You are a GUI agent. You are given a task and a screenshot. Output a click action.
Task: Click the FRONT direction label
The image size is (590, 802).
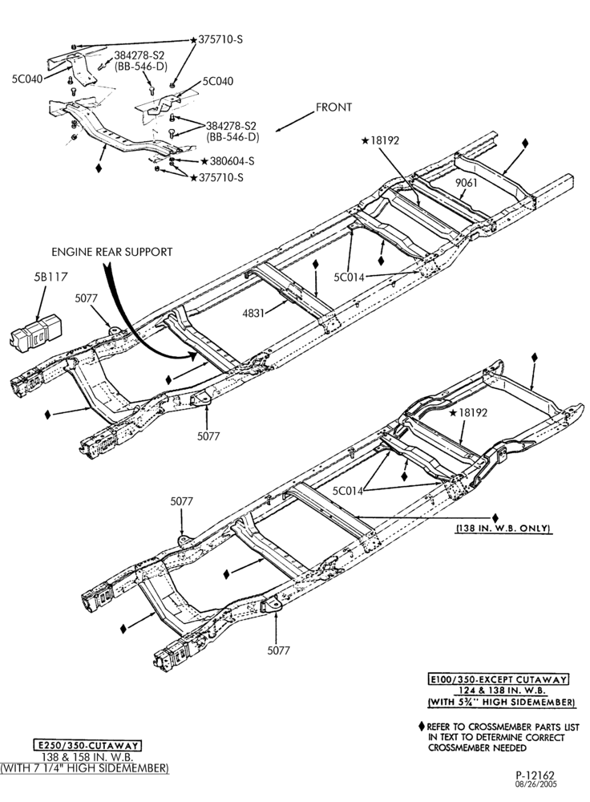[333, 107]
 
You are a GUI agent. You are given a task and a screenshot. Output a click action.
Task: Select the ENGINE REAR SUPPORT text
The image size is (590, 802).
[112, 252]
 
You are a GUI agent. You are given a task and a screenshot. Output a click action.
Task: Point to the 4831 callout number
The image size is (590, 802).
[253, 312]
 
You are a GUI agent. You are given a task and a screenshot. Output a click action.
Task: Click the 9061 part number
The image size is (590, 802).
[466, 182]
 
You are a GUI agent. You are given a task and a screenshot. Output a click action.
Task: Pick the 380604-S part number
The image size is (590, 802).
[232, 162]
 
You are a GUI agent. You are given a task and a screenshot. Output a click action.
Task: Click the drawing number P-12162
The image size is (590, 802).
[535, 776]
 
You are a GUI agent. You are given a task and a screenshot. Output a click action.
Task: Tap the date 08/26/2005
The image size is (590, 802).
[535, 784]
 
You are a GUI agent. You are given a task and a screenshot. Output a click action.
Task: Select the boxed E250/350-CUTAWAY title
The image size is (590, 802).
[87, 745]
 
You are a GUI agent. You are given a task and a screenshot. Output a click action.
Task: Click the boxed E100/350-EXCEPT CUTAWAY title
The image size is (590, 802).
[499, 679]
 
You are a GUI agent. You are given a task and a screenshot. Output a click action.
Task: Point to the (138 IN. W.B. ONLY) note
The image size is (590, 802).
[504, 529]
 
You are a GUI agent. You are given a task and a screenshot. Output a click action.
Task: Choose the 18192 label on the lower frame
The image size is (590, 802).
[472, 412]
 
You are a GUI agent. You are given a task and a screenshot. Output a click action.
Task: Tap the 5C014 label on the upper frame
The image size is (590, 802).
[350, 277]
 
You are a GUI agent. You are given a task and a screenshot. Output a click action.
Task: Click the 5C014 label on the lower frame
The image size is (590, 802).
[348, 491]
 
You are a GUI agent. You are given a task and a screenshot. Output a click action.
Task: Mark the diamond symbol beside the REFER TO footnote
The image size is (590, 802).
[422, 727]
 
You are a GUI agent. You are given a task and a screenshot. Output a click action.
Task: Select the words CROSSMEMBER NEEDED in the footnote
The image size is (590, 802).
[477, 747]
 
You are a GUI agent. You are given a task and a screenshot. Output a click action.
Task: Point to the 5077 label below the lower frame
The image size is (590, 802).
[278, 650]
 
